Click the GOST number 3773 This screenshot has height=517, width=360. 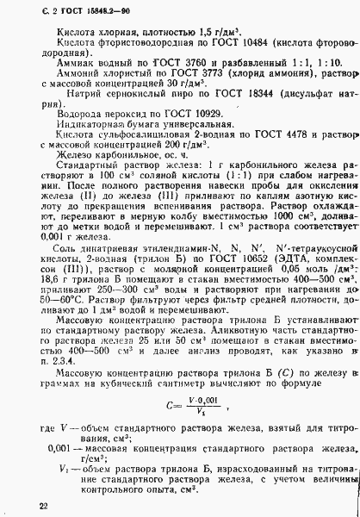click(x=185, y=74)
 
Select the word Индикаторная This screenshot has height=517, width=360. click(x=82, y=125)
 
